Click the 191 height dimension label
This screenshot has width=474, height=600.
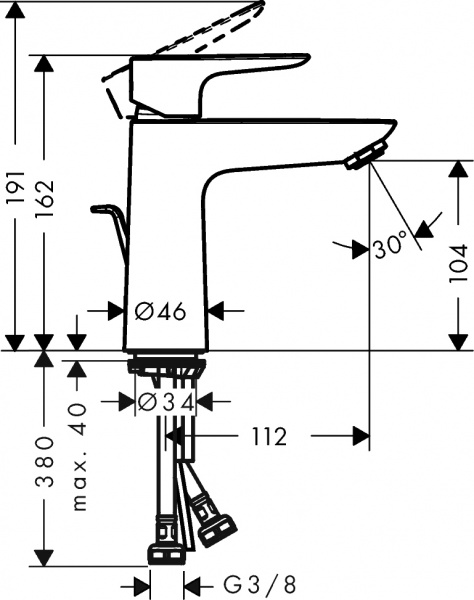tap(14, 194)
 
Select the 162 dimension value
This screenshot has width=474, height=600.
tap(43, 196)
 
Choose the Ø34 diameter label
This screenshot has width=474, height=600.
tap(165, 403)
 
